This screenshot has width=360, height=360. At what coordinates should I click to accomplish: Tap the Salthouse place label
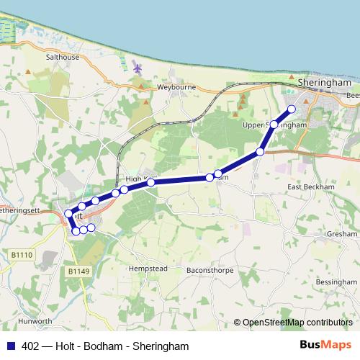pyautogui.click(x=63, y=57)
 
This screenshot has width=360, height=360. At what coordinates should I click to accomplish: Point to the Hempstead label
pyautogui.click(x=148, y=268)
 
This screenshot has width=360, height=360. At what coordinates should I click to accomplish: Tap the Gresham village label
pyautogui.click(x=341, y=234)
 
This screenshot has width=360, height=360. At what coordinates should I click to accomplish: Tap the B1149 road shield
pyautogui.click(x=78, y=271)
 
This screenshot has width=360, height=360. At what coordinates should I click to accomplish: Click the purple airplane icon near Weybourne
pyautogui.click(x=138, y=68)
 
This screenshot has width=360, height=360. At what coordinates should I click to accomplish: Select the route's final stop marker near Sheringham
pyautogui.click(x=292, y=109)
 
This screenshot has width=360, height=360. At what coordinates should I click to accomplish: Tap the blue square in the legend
pyautogui.click(x=11, y=346)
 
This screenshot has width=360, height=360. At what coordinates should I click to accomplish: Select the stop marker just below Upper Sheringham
pyautogui.click(x=274, y=125)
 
